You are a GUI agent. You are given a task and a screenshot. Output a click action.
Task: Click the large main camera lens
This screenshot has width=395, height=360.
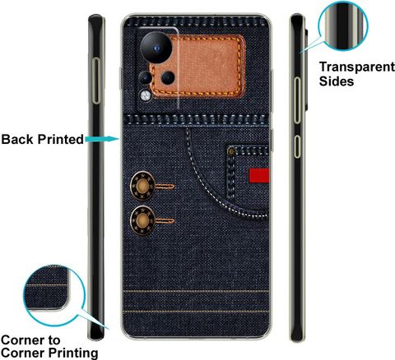tap(156, 48)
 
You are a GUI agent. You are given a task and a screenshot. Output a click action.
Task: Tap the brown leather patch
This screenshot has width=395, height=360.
tap(197, 66)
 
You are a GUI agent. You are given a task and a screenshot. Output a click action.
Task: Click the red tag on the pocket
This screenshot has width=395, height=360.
tap(259, 175)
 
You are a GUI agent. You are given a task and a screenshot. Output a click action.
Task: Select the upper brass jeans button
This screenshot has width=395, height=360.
tap(142, 186)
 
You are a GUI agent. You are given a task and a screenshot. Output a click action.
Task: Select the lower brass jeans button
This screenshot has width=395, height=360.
tap(142, 220)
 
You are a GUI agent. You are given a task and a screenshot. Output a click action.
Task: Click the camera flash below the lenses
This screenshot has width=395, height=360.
tap(146, 95)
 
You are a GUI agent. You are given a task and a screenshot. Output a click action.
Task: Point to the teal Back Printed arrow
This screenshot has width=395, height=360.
tap(102, 139)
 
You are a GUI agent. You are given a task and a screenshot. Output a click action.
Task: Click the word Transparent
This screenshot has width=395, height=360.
tap(357, 67)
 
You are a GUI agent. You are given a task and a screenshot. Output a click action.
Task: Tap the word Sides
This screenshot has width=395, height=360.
tap(337, 81)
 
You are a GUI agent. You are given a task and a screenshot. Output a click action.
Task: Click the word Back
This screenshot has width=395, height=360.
tap(18, 139)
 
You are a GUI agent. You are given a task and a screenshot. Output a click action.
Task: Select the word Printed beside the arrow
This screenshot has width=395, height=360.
tap(61, 139)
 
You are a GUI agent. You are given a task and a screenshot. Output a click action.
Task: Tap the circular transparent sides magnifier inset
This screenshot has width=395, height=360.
tap(343, 26)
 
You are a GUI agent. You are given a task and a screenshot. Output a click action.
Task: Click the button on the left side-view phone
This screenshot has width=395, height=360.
tap(96, 81)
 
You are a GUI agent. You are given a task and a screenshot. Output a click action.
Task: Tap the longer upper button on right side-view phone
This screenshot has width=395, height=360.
tap(297, 100)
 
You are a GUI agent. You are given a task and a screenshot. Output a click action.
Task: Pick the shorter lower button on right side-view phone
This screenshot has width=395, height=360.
tap(297, 146)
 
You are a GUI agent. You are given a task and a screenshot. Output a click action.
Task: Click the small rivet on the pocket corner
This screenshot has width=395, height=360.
tap(232, 151)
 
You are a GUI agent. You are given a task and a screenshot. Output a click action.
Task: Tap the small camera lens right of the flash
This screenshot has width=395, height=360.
tap(168, 78)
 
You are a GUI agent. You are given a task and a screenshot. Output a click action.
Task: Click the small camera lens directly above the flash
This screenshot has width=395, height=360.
tap(145, 78)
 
